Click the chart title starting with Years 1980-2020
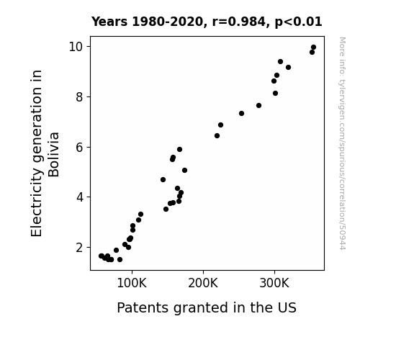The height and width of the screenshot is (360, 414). pos(207,22)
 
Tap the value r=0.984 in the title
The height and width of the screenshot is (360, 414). pos(239,22)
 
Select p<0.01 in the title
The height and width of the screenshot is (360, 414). pos(298,22)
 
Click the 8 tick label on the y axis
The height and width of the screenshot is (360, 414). pos(79,97)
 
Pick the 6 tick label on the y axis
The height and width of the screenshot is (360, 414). pos(79,147)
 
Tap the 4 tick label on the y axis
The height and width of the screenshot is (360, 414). pos(79,197)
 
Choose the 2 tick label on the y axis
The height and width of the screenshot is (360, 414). pos(79,248)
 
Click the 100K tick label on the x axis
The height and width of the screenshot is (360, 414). pos(132,283)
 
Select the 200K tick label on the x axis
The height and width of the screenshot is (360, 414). pos(203,283)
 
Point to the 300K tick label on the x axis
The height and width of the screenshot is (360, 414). pos(274,283)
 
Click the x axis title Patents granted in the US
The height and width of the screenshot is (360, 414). pos(207,307)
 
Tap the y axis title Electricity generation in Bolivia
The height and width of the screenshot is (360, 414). pos(45,153)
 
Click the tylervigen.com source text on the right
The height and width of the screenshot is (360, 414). pos(342,143)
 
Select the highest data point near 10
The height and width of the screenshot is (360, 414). pos(313,48)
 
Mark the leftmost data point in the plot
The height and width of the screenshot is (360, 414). pos(101,256)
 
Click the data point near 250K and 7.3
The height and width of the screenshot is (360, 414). pos(241,113)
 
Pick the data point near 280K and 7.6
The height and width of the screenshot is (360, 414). pos(258,105)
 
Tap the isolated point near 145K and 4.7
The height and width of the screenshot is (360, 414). pos(163,179)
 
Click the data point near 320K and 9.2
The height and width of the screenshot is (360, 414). pos(288,68)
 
